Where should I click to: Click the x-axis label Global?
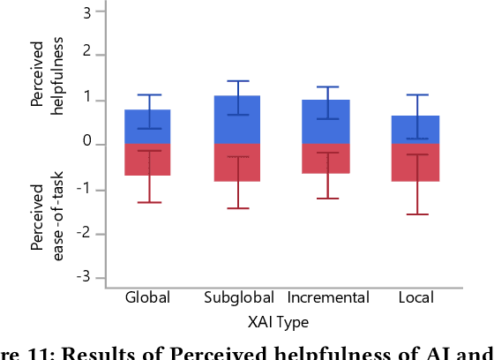tap(148, 298)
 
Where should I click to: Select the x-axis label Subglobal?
tap(238, 298)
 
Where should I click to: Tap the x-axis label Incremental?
tap(327, 298)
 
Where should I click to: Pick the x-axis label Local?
tap(415, 298)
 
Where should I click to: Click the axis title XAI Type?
tap(278, 321)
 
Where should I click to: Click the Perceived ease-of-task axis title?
tap(44, 217)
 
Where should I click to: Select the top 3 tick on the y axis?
tap(87, 11)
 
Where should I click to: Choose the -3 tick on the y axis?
tap(85, 278)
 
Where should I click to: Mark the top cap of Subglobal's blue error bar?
tap(238, 80)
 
